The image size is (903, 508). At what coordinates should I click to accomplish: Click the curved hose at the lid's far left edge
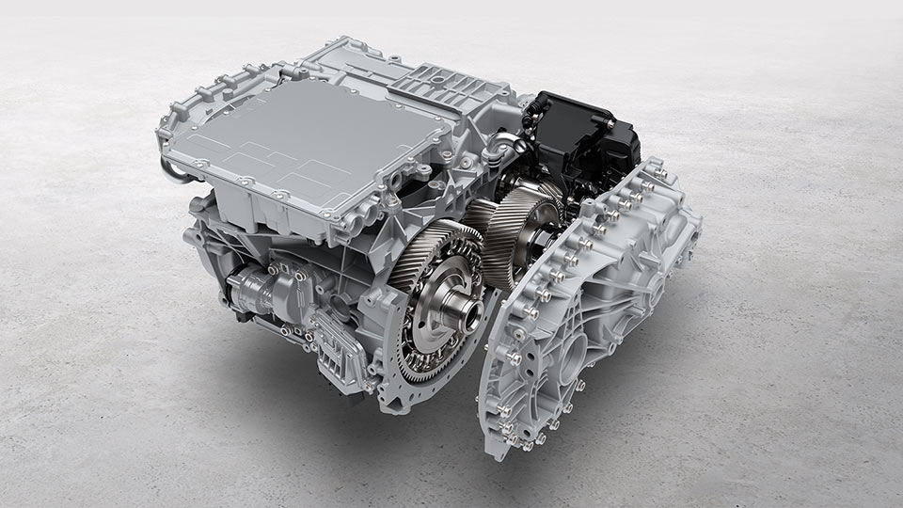(170, 169)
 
